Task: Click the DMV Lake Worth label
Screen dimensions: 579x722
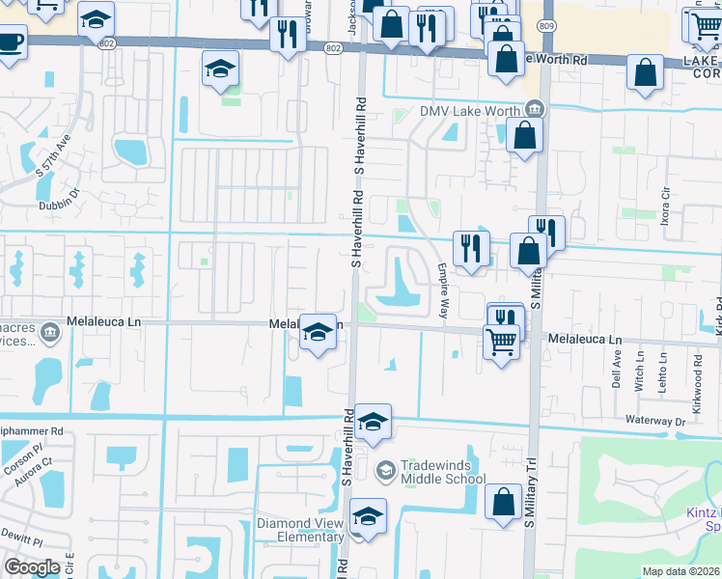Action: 469,111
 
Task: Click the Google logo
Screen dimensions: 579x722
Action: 32,567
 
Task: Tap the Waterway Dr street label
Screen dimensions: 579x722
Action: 653,422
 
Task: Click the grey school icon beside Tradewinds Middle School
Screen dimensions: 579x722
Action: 384,470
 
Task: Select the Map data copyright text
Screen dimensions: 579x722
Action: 681,571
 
